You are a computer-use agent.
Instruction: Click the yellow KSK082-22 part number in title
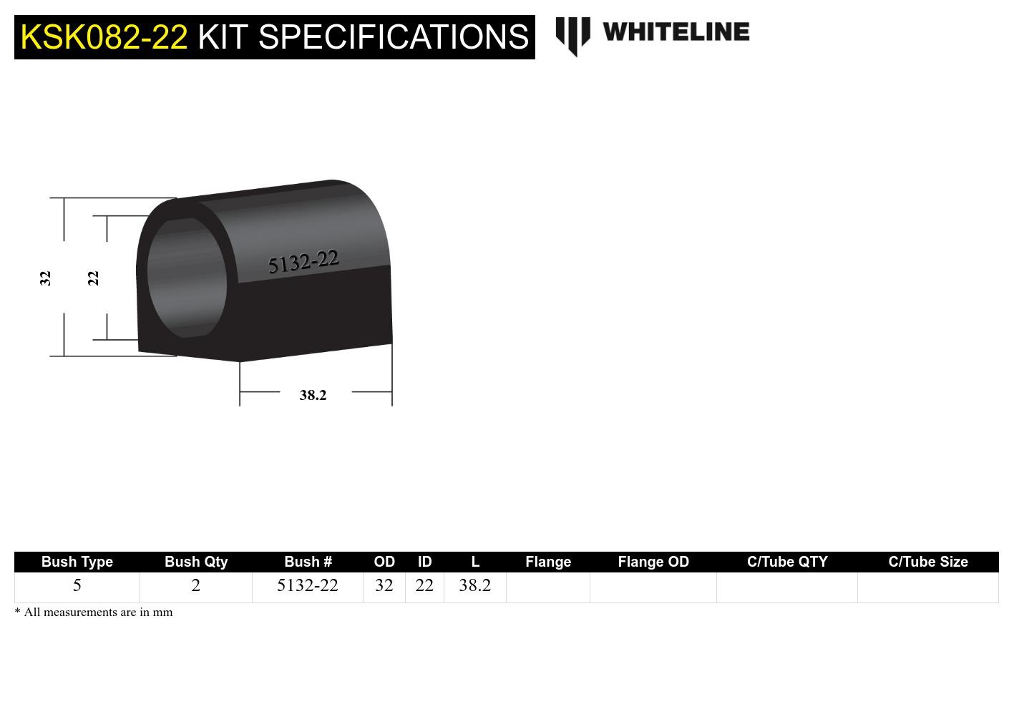click(x=104, y=37)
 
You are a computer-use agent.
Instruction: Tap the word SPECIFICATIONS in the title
click(x=393, y=37)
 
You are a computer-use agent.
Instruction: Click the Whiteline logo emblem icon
click(x=572, y=35)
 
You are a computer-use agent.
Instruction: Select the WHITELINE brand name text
click(x=676, y=32)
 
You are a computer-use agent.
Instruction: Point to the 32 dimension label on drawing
click(x=45, y=278)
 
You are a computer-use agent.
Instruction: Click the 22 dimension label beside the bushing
click(x=93, y=278)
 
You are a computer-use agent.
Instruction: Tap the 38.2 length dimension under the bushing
click(x=313, y=395)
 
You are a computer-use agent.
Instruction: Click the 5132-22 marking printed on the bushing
click(x=303, y=262)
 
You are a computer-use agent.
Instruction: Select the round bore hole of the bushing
click(x=187, y=278)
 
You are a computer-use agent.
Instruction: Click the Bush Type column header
click(x=77, y=562)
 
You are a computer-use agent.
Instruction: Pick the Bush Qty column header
click(x=196, y=562)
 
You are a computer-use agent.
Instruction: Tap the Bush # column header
click(x=308, y=562)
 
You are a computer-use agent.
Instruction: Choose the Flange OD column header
click(x=653, y=562)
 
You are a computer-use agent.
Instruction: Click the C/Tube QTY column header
click(x=787, y=562)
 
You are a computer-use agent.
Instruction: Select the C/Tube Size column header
click(x=928, y=562)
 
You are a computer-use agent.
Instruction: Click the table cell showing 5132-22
click(x=308, y=586)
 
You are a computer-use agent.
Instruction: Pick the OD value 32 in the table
click(x=384, y=586)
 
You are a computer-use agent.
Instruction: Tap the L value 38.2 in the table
click(x=475, y=586)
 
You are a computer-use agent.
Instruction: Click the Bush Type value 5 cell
click(x=77, y=586)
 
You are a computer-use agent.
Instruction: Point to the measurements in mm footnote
click(x=94, y=613)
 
